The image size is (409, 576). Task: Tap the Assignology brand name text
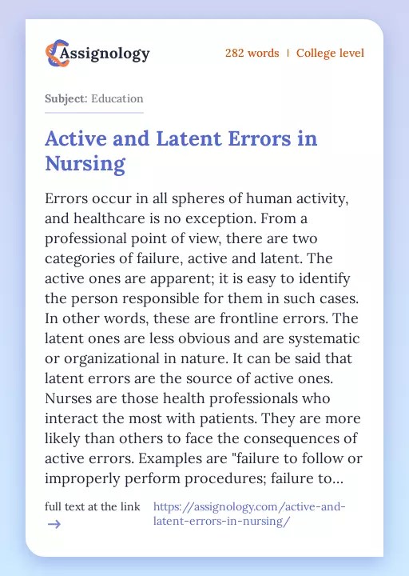point(106,54)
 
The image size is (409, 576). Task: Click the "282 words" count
point(252,54)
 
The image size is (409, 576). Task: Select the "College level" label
point(330,54)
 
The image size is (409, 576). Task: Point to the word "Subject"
point(65,99)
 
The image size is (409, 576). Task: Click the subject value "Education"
point(117,99)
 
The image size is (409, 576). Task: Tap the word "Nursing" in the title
point(85,164)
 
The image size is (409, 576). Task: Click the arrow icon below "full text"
point(54,525)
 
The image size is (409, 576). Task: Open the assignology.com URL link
point(248,514)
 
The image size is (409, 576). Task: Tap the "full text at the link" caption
point(92,506)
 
